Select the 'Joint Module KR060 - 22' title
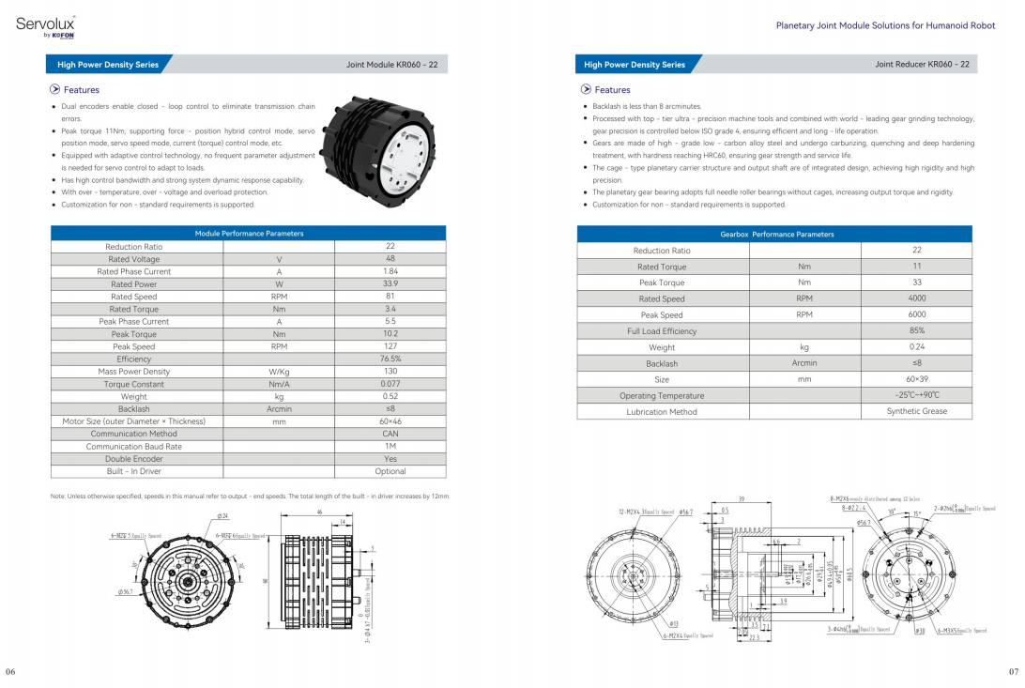click(x=391, y=65)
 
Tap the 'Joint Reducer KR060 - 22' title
click(x=922, y=65)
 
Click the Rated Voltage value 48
click(x=390, y=259)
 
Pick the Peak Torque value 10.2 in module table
click(x=390, y=334)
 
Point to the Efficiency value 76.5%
click(x=390, y=359)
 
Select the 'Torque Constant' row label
click(x=134, y=384)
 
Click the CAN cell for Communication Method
click(x=390, y=434)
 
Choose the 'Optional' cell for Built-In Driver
click(x=390, y=471)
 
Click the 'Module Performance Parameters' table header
click(x=249, y=234)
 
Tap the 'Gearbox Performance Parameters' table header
click(x=776, y=235)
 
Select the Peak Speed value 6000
click(x=916, y=315)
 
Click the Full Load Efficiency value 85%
click(x=916, y=331)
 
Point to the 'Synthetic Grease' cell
click(x=916, y=411)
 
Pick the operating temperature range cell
click(x=916, y=395)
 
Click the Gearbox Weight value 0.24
click(x=916, y=347)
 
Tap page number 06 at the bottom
click(x=10, y=672)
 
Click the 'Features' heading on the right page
click(x=612, y=90)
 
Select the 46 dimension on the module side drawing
click(x=319, y=512)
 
